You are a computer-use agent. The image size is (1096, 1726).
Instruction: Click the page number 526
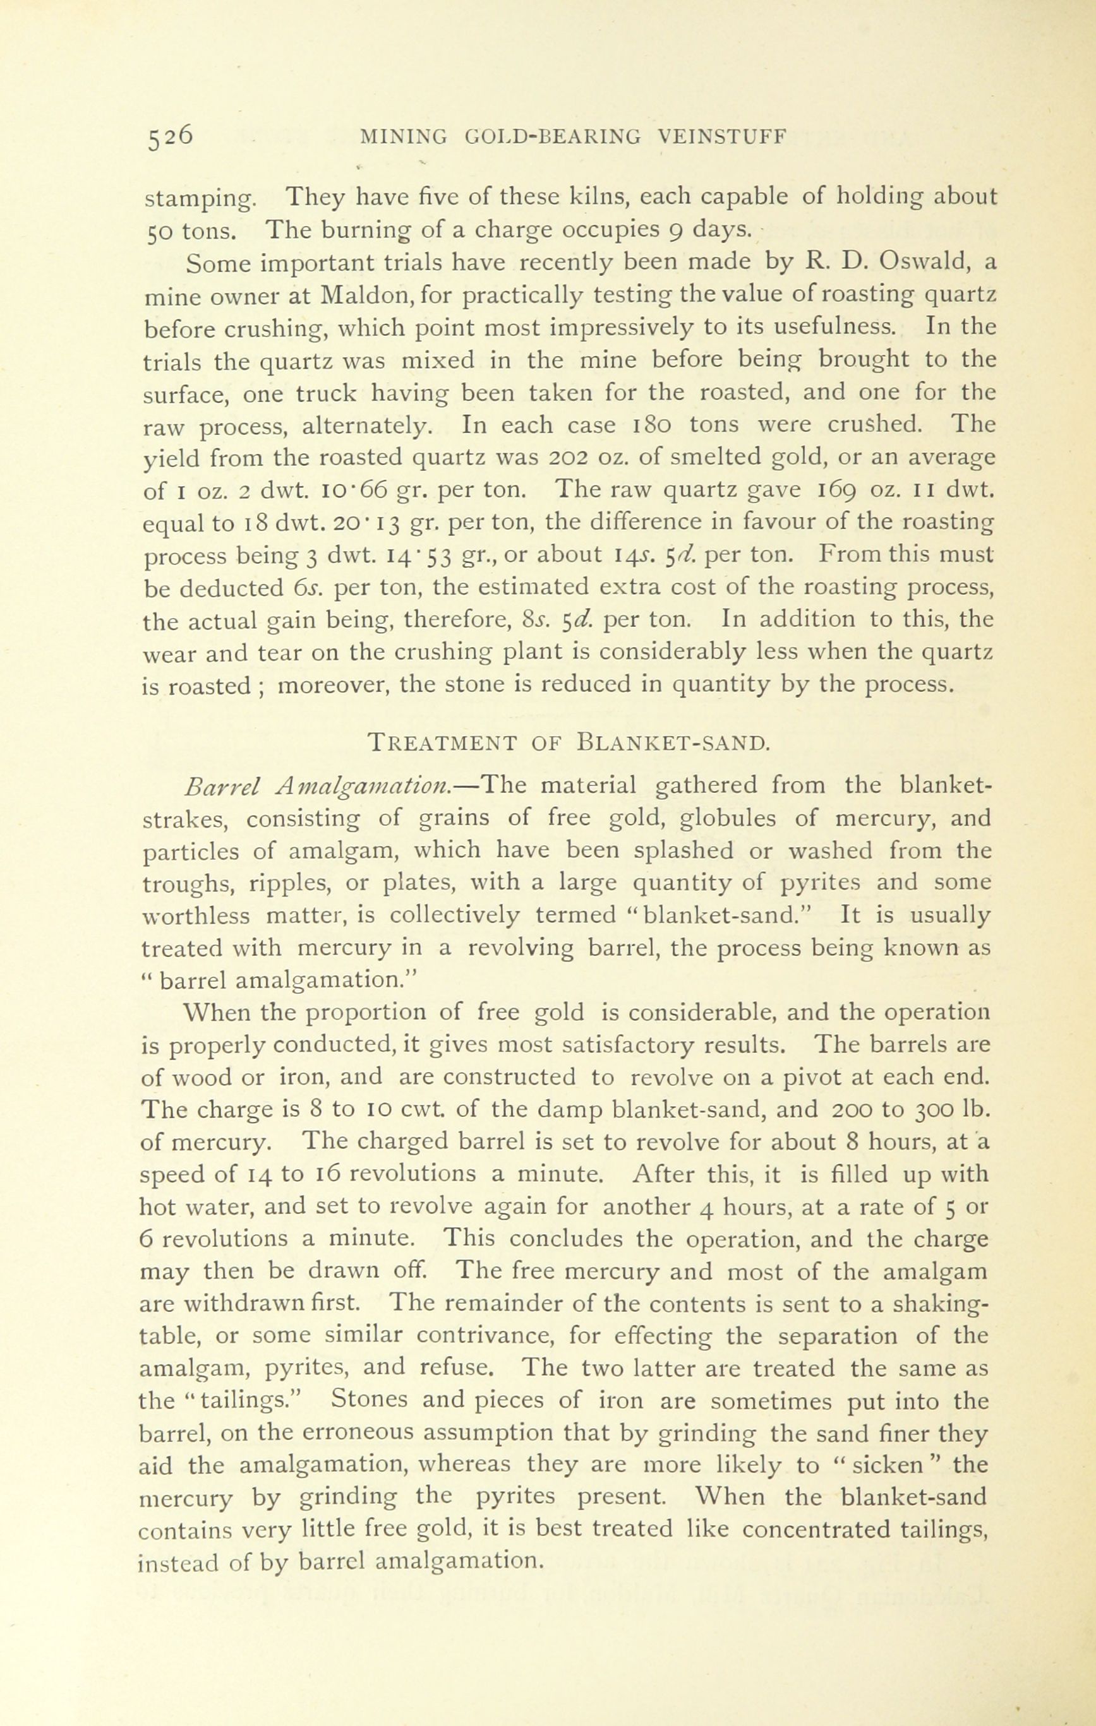pyautogui.click(x=169, y=137)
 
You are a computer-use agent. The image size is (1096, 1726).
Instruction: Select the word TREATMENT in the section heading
pyautogui.click(x=442, y=742)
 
